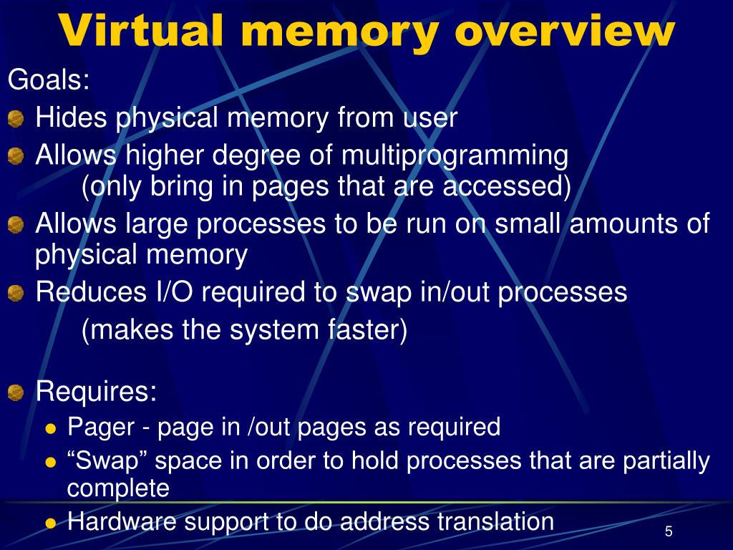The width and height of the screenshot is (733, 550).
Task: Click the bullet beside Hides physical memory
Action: coord(16,119)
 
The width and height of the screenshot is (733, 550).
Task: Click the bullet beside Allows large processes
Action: coord(16,226)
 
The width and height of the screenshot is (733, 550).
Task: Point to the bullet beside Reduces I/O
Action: coord(16,293)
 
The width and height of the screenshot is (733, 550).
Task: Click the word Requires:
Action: coord(97,392)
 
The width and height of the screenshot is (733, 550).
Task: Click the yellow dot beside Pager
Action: coord(50,428)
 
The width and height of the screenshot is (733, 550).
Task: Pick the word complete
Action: coord(118,488)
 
